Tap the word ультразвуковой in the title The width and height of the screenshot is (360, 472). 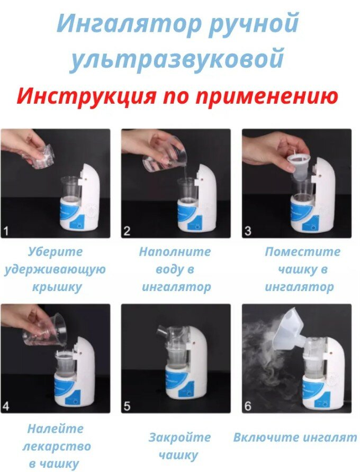coord(177,59)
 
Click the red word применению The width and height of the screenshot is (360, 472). coord(267,97)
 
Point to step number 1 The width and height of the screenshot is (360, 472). coord(6,231)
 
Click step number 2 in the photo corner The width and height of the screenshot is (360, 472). coord(127,231)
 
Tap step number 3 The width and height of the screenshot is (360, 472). coord(248,231)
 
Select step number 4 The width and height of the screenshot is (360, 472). coord(6,406)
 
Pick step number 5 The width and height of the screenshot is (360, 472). coord(127,406)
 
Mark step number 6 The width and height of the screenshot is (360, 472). coord(248,406)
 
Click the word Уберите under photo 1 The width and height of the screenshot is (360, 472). coord(55,252)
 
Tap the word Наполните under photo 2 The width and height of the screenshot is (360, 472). coord(175,251)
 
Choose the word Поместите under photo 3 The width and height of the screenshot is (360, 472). coord(302,251)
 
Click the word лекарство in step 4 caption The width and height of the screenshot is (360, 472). coord(56,446)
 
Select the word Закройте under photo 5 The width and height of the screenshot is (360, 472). coord(179,437)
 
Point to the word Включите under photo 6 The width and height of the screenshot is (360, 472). coord(264,437)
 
